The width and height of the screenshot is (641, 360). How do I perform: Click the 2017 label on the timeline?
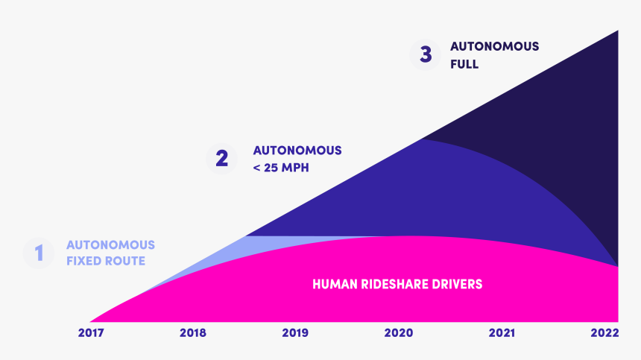[x=91, y=333]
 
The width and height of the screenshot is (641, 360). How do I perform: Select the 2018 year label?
[x=193, y=333]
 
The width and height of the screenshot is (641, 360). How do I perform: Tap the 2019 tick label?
[x=295, y=333]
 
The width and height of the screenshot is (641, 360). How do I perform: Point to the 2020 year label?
[x=399, y=333]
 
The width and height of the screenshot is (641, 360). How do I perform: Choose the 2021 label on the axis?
[x=502, y=333]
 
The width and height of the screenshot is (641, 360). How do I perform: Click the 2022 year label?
[x=604, y=333]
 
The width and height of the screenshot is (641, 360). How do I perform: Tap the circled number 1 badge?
[x=40, y=253]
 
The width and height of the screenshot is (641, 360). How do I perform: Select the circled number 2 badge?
[x=221, y=159]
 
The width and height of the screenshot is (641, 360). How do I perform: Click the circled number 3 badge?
[x=426, y=55]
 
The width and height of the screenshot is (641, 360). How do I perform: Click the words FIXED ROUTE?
[x=106, y=262]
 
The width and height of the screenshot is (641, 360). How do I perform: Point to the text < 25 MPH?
[x=281, y=168]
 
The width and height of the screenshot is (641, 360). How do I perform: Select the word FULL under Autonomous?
[x=464, y=65]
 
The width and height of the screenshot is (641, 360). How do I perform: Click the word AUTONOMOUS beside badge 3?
[x=494, y=46]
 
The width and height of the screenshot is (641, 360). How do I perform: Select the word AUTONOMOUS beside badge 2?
[x=297, y=150]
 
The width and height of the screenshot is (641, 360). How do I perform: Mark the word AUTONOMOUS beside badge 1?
[x=110, y=244]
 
